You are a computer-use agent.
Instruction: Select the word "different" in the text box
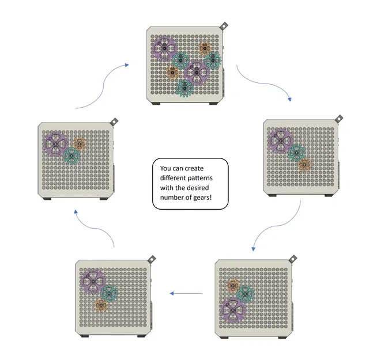[175, 179]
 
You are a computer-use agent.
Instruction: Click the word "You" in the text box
[166, 168]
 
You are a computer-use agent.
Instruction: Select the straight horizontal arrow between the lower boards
[186, 293]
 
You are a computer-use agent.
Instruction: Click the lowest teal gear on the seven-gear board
[184, 88]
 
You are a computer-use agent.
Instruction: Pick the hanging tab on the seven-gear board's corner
[224, 26]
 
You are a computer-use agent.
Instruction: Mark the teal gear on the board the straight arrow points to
[108, 293]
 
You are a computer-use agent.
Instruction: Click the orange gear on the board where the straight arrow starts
[233, 285]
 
